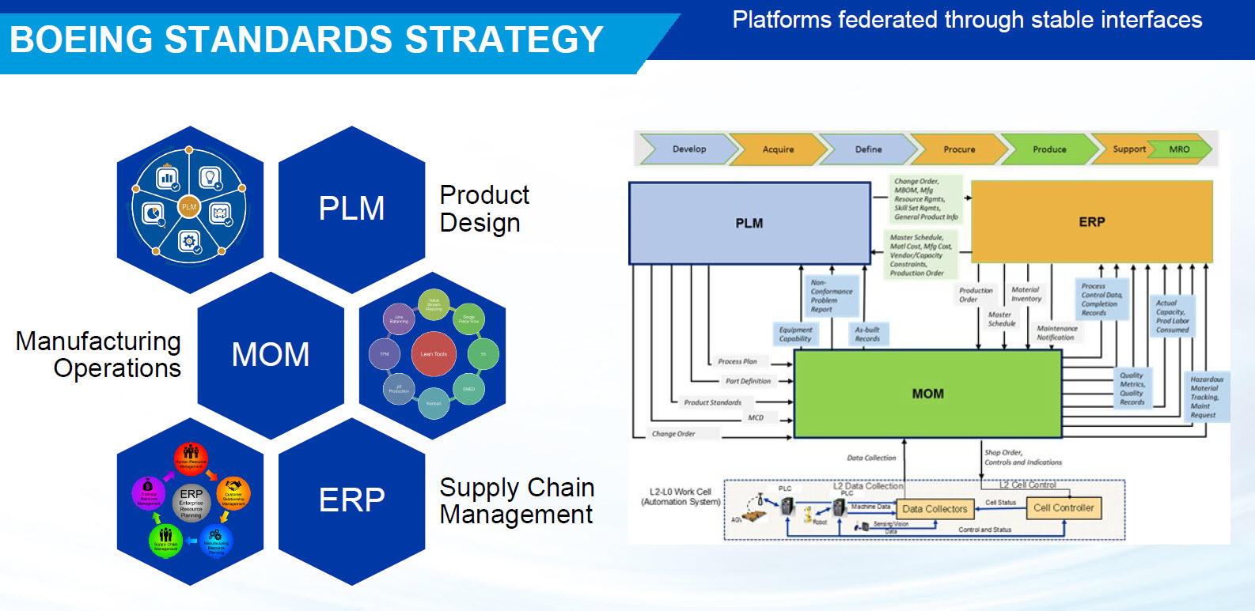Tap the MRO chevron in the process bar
tap(1180, 149)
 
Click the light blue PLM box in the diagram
tap(749, 224)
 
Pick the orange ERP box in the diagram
tap(1091, 222)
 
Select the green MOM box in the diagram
tap(927, 394)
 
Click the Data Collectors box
tap(935, 509)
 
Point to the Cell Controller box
tap(1064, 508)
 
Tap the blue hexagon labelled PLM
tap(351, 209)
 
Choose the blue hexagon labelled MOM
tap(271, 355)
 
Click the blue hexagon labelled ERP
tap(351, 500)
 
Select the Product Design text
tap(484, 209)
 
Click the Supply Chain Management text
tap(517, 501)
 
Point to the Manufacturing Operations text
tap(99, 355)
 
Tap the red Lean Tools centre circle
tap(434, 354)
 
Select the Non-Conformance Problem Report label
tap(831, 296)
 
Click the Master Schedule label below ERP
tap(1001, 319)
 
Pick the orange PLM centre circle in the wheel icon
tap(189, 207)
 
